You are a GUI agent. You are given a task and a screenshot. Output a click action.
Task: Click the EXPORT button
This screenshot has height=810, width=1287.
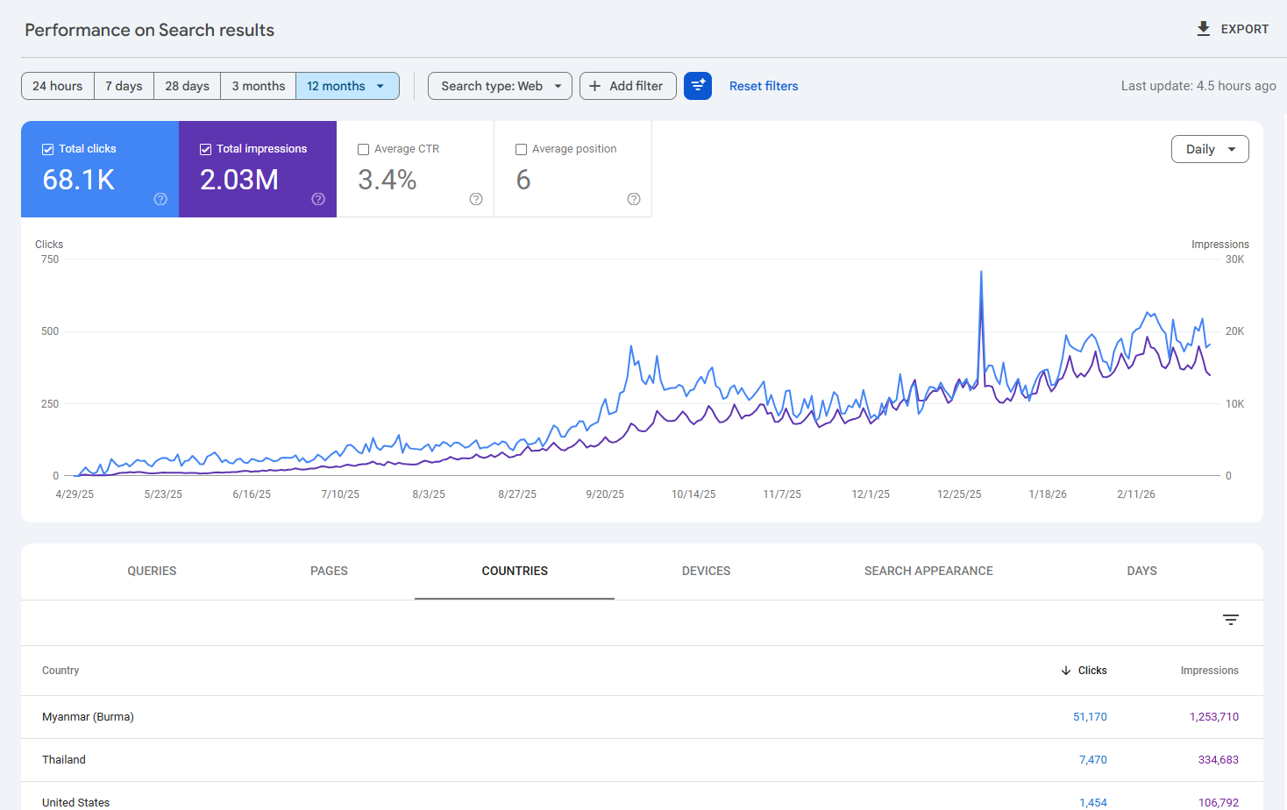1233,29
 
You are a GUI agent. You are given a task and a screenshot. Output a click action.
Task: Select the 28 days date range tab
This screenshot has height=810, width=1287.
187,86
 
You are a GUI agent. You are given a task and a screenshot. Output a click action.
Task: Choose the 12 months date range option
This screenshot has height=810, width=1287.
346,86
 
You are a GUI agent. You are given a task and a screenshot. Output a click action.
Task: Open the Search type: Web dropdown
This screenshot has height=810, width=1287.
500,86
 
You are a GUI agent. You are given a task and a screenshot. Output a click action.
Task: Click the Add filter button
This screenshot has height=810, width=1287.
627,86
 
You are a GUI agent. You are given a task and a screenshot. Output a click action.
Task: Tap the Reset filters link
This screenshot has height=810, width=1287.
764,86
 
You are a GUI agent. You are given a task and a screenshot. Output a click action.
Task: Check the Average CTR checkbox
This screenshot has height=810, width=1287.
363,149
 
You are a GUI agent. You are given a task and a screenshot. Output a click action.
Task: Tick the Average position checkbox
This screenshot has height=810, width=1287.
521,149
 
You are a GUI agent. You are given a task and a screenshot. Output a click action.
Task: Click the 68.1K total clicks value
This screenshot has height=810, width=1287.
79,180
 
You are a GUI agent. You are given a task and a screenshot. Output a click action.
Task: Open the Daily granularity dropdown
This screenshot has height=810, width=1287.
1209,149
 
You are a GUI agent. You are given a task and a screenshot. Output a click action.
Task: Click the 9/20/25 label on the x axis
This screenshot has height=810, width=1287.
605,494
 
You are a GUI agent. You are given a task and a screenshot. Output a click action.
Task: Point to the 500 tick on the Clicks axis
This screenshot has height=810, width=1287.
50,331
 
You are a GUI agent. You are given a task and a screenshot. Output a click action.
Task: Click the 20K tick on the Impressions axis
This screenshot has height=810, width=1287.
1234,331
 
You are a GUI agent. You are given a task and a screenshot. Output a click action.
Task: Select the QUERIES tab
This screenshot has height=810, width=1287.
152,571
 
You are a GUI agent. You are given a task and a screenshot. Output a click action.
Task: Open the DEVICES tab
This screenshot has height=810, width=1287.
706,571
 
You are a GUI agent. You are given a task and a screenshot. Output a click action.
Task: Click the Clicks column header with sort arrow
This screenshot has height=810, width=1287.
1084,671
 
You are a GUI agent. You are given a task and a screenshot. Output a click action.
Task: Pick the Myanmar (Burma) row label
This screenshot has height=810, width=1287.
88,717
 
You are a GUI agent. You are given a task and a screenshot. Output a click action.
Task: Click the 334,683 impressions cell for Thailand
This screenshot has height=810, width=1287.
1218,760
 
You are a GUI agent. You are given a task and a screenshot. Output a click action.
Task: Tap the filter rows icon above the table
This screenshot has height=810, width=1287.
1231,620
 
